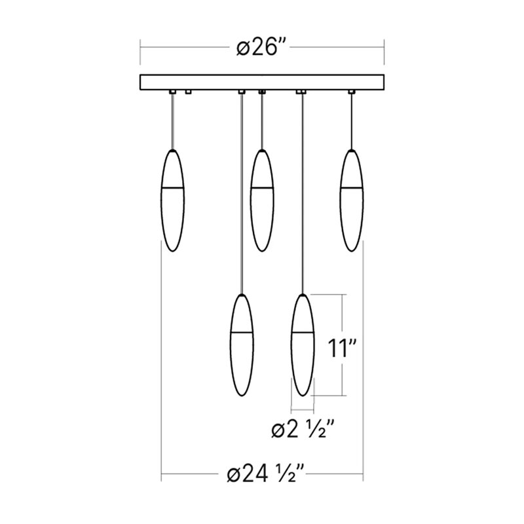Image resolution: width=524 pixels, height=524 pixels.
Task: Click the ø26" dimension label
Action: pyautogui.click(x=262, y=48)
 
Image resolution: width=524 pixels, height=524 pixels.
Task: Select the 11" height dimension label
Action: pyautogui.click(x=341, y=348)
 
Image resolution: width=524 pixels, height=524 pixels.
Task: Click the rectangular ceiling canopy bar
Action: pyautogui.click(x=262, y=83)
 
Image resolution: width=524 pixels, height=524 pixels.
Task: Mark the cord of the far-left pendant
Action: pyautogui.click(x=173, y=122)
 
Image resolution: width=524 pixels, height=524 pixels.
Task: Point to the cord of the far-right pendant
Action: pyautogui.click(x=351, y=122)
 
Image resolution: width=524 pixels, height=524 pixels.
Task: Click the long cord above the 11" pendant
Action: pyautogui.click(x=301, y=196)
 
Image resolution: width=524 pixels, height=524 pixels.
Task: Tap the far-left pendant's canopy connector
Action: pyautogui.click(x=173, y=92)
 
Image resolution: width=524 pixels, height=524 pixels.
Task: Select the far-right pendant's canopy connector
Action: pyautogui.click(x=351, y=92)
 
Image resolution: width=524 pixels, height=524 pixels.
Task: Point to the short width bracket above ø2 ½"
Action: pyautogui.click(x=302, y=405)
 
